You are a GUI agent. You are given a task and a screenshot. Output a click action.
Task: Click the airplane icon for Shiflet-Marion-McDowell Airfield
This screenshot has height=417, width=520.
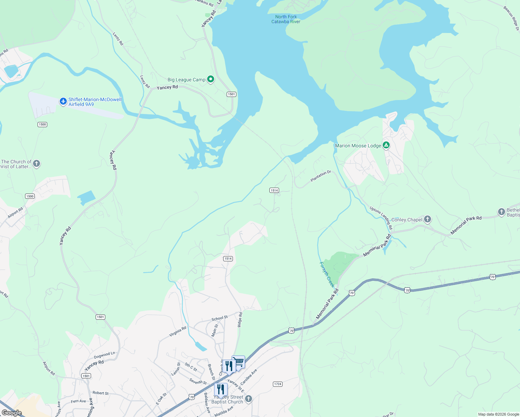(63, 101)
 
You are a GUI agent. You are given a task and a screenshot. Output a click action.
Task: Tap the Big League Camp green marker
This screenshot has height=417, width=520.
(210, 79)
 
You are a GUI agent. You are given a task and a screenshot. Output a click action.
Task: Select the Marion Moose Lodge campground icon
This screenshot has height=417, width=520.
(386, 145)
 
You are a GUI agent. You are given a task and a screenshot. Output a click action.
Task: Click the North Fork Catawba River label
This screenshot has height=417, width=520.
(286, 19)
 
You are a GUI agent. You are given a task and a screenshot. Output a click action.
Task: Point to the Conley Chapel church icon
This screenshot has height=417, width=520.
(428, 219)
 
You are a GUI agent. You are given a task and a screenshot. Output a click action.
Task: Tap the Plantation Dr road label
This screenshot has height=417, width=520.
(320, 176)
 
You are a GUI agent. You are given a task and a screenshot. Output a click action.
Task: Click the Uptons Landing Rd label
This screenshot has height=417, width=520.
(381, 218)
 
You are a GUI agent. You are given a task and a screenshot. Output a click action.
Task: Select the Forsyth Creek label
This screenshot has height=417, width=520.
(327, 274)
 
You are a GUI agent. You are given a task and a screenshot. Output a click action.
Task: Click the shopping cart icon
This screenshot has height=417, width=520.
(239, 362)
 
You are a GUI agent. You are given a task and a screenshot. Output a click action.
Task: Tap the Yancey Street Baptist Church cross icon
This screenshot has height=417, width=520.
(248, 399)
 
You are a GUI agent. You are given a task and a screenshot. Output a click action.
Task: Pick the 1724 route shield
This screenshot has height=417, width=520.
(277, 384)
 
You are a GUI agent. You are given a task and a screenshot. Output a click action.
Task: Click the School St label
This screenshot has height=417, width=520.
(220, 318)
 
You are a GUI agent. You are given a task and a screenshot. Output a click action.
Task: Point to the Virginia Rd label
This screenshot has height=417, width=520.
(178, 332)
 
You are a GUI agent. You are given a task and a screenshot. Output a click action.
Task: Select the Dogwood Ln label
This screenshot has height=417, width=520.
(104, 355)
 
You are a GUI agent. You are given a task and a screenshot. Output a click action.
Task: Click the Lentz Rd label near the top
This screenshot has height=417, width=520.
(118, 39)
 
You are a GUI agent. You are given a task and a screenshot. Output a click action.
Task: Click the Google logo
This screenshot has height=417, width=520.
(12, 413)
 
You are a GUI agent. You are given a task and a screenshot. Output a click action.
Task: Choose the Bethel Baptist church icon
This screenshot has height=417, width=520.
(501, 212)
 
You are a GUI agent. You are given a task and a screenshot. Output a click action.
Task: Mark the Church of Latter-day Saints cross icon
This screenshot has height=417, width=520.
(36, 163)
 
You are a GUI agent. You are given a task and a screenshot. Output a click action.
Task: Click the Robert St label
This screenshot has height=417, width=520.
(100, 393)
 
